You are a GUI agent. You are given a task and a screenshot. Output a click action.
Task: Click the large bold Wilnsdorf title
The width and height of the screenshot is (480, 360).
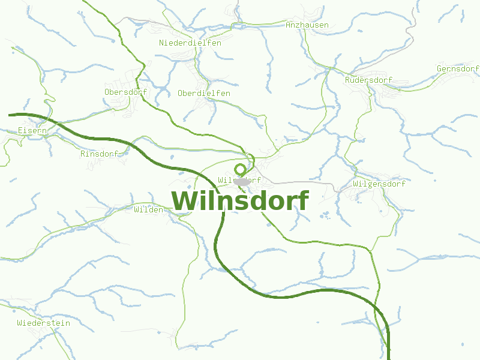(x=240, y=201)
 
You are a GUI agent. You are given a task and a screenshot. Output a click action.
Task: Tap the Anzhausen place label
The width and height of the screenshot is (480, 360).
(x=307, y=25)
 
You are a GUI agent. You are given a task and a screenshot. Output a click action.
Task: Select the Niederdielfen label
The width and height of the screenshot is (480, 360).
(x=190, y=43)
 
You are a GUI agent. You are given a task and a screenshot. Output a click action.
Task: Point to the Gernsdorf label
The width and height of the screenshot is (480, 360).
(x=458, y=69)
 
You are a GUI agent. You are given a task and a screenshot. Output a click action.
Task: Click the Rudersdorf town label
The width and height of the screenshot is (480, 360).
(x=369, y=80)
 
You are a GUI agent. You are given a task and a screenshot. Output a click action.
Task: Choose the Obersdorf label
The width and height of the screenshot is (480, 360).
(x=125, y=92)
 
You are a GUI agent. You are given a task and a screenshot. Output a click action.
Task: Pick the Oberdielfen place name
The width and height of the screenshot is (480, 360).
(x=204, y=94)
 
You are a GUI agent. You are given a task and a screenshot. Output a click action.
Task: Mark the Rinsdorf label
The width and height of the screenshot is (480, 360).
(x=100, y=154)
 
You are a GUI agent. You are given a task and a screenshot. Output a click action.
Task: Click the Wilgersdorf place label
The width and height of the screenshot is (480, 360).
(x=380, y=184)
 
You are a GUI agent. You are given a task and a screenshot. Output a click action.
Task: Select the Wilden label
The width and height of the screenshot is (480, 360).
(x=148, y=210)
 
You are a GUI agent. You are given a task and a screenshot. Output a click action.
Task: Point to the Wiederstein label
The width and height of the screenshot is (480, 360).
(x=44, y=323)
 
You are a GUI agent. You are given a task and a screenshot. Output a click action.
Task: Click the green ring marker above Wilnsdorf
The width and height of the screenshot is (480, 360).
(x=241, y=169)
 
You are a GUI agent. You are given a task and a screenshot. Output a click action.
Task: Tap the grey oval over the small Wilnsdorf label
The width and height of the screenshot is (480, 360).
(x=242, y=181)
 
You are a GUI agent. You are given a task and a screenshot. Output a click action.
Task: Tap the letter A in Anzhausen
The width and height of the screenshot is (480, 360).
(x=289, y=25)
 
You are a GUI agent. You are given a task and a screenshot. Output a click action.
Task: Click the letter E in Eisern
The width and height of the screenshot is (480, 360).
(x=20, y=130)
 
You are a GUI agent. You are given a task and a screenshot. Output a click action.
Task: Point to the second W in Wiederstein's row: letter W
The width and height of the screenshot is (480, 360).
(x=20, y=323)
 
